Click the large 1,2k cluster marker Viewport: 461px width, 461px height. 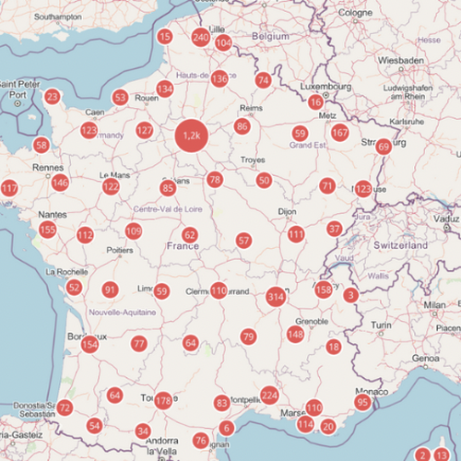[x=192, y=136]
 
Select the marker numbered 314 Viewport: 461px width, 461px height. [x=275, y=297]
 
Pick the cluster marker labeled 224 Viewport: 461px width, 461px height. [x=269, y=396]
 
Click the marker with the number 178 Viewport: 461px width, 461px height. [x=163, y=400]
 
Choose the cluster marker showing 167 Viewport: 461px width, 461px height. [x=340, y=132]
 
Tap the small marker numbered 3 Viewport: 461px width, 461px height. [x=350, y=295]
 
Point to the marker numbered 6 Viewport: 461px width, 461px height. [x=227, y=428]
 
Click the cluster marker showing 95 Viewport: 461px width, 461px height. [x=363, y=403]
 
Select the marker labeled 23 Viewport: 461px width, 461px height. [x=53, y=97]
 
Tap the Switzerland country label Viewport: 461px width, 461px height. [x=401, y=247]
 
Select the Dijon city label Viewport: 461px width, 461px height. [x=287, y=212]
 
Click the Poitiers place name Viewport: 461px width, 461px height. [x=121, y=250]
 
